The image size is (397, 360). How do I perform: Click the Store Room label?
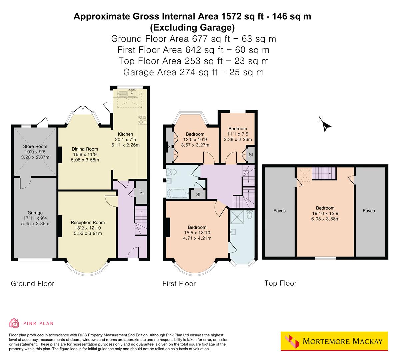(35, 146)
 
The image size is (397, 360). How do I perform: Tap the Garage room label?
(35, 213)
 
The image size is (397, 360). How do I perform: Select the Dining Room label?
(85, 149)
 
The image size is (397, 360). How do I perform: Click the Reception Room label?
(88, 222)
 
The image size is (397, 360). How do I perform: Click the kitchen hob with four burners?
(143, 119)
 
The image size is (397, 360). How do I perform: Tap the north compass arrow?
(327, 125)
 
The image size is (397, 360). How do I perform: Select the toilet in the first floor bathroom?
(171, 172)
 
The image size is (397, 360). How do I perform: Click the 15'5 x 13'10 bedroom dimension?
(197, 233)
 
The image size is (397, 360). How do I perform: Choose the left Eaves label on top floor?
(279, 211)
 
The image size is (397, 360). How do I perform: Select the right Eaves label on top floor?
(369, 211)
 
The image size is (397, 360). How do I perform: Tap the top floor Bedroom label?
(325, 208)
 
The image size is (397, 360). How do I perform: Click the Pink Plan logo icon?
(14, 323)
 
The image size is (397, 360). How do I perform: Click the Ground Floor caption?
(32, 284)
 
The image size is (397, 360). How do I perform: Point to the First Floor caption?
(179, 284)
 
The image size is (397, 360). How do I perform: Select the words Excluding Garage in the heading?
(192, 27)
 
